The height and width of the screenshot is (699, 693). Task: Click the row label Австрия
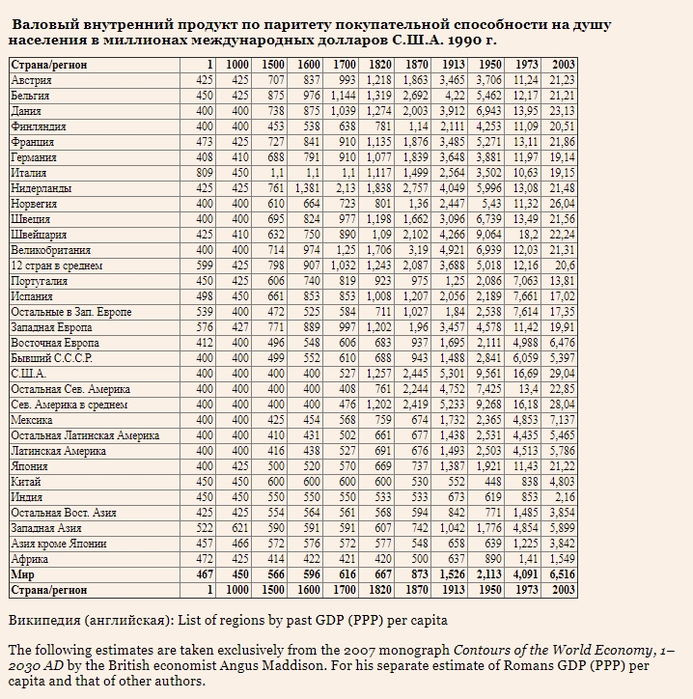pyautogui.click(x=31, y=80)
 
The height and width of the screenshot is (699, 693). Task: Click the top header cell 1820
pyautogui.click(x=379, y=65)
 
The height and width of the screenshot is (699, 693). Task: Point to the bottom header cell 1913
pyautogui.click(x=454, y=590)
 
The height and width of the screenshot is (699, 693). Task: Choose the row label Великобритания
pyautogui.click(x=51, y=250)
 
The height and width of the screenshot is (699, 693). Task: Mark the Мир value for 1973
pyautogui.click(x=525, y=574)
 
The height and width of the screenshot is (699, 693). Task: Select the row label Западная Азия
pyautogui.click(x=46, y=528)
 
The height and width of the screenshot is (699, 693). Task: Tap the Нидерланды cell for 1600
pyautogui.click(x=307, y=188)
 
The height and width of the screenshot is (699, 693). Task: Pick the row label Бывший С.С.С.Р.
pyautogui.click(x=52, y=358)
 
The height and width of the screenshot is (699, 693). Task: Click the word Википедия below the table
pyautogui.click(x=44, y=620)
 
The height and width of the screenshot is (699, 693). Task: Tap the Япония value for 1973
pyautogui.click(x=525, y=466)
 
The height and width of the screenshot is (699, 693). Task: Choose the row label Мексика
pyautogui.click(x=32, y=420)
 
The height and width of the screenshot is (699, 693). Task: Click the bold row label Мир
pyautogui.click(x=22, y=574)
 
